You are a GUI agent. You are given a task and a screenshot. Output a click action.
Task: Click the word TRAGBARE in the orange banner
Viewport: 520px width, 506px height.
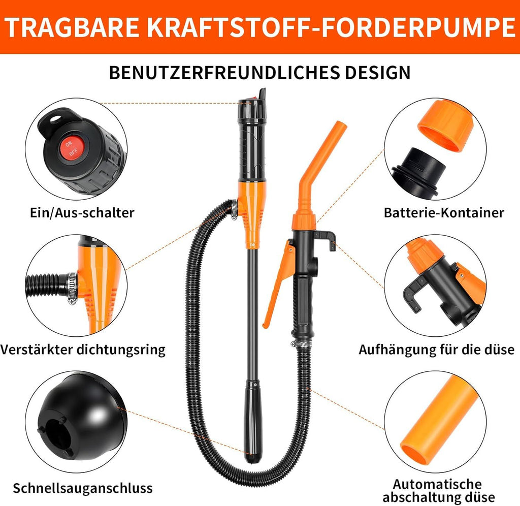[72, 27]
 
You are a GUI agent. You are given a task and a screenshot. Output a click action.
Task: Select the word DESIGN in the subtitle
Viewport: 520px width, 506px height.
[377, 72]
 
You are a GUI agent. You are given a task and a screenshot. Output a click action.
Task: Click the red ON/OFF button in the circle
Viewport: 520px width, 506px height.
[70, 148]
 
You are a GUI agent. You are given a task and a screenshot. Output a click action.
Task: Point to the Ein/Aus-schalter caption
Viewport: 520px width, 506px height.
[82, 213]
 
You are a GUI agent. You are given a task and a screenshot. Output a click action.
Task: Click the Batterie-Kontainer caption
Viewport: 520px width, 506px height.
[444, 213]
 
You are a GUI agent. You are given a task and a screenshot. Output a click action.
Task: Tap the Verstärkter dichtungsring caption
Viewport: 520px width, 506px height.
[83, 351]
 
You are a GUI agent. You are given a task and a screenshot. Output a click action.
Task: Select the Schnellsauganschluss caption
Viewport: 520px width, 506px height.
[83, 488]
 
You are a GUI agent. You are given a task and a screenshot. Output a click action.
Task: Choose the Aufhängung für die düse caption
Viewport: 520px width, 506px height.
[436, 350]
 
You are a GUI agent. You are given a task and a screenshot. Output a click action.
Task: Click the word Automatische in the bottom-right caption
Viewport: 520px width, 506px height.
[437, 484]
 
